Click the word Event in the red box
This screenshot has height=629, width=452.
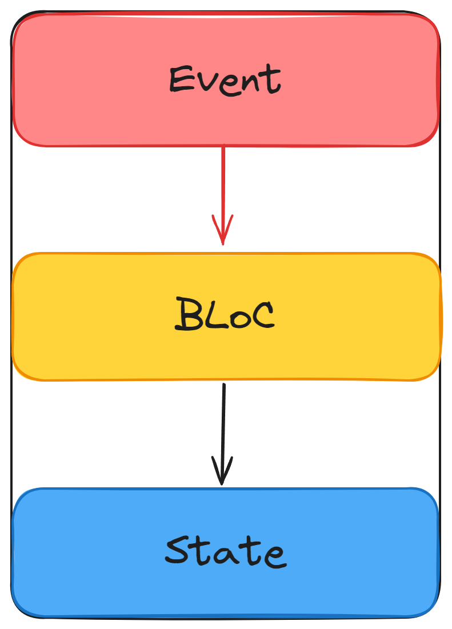225,79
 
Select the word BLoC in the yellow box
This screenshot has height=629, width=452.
225,315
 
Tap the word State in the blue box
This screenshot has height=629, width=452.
225,552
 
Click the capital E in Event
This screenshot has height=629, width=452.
182,80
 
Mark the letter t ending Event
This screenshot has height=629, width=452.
271,80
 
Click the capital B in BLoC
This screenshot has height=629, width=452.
187,315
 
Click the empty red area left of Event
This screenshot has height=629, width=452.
86,80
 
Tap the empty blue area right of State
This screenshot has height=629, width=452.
366,552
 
